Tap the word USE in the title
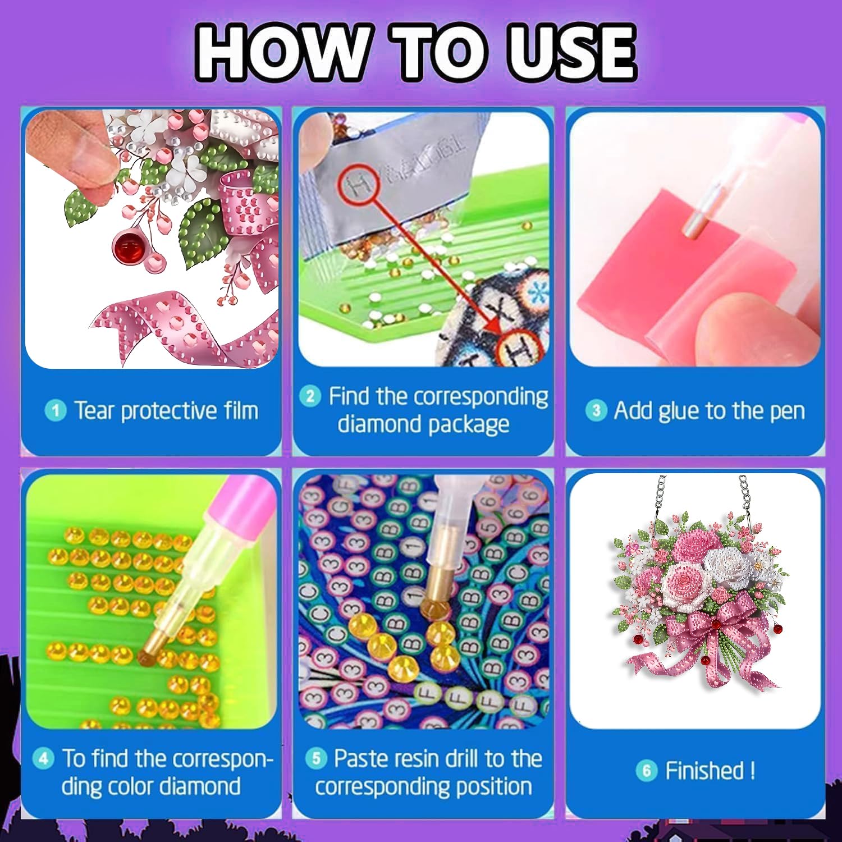pyautogui.click(x=571, y=52)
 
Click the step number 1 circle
pyautogui.click(x=55, y=410)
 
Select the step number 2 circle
pyautogui.click(x=310, y=396)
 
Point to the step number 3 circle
pyautogui.click(x=596, y=410)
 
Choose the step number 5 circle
pyautogui.click(x=316, y=759)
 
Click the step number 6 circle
pyautogui.click(x=646, y=770)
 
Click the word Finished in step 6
pyautogui.click(x=704, y=770)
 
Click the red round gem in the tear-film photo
pyautogui.click(x=127, y=248)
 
